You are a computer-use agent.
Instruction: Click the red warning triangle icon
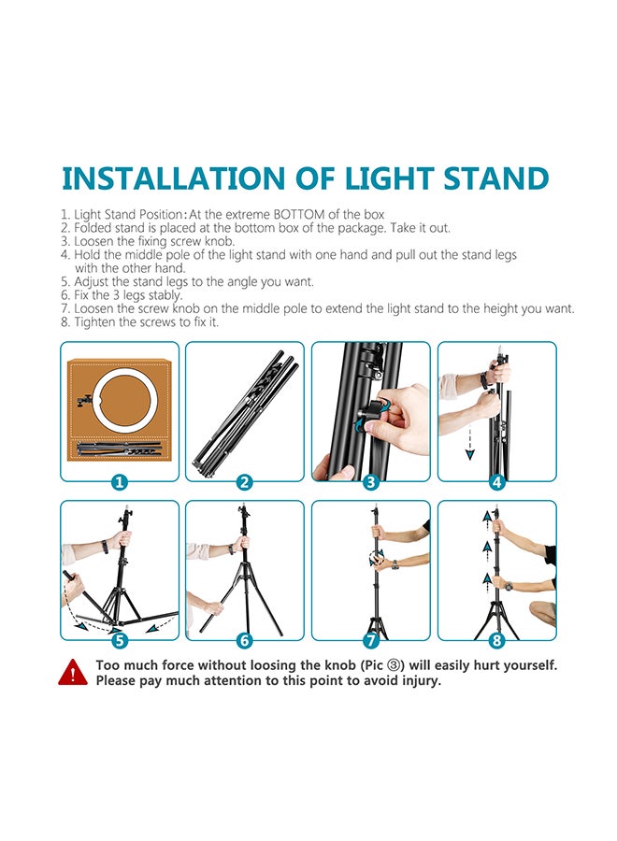pyautogui.click(x=73, y=673)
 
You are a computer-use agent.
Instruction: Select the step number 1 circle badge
pyautogui.click(x=120, y=481)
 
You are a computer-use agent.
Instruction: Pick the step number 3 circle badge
pyautogui.click(x=371, y=481)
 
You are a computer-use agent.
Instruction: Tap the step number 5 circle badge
pyautogui.click(x=120, y=640)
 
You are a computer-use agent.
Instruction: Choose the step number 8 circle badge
pyautogui.click(x=496, y=640)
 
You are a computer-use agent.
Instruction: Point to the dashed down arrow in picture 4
pyautogui.click(x=470, y=441)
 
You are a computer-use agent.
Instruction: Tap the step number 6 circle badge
pyautogui.click(x=245, y=640)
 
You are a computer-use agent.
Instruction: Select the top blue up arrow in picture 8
pyautogui.click(x=487, y=518)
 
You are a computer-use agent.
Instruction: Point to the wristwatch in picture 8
pyautogui.click(x=509, y=586)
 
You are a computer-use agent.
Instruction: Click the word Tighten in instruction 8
pyautogui.click(x=92, y=322)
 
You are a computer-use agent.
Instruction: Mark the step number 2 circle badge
pyautogui.click(x=245, y=481)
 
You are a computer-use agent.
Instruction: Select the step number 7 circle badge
pyautogui.click(x=371, y=640)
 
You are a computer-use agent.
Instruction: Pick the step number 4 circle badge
pyautogui.click(x=496, y=481)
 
